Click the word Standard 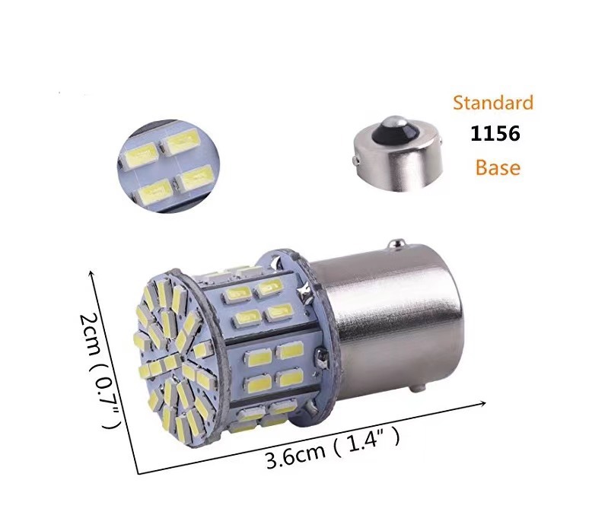coord(493,103)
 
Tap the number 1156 coord(495,134)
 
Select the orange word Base coord(498,167)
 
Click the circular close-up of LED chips coord(168,166)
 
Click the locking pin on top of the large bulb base coord(395,244)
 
